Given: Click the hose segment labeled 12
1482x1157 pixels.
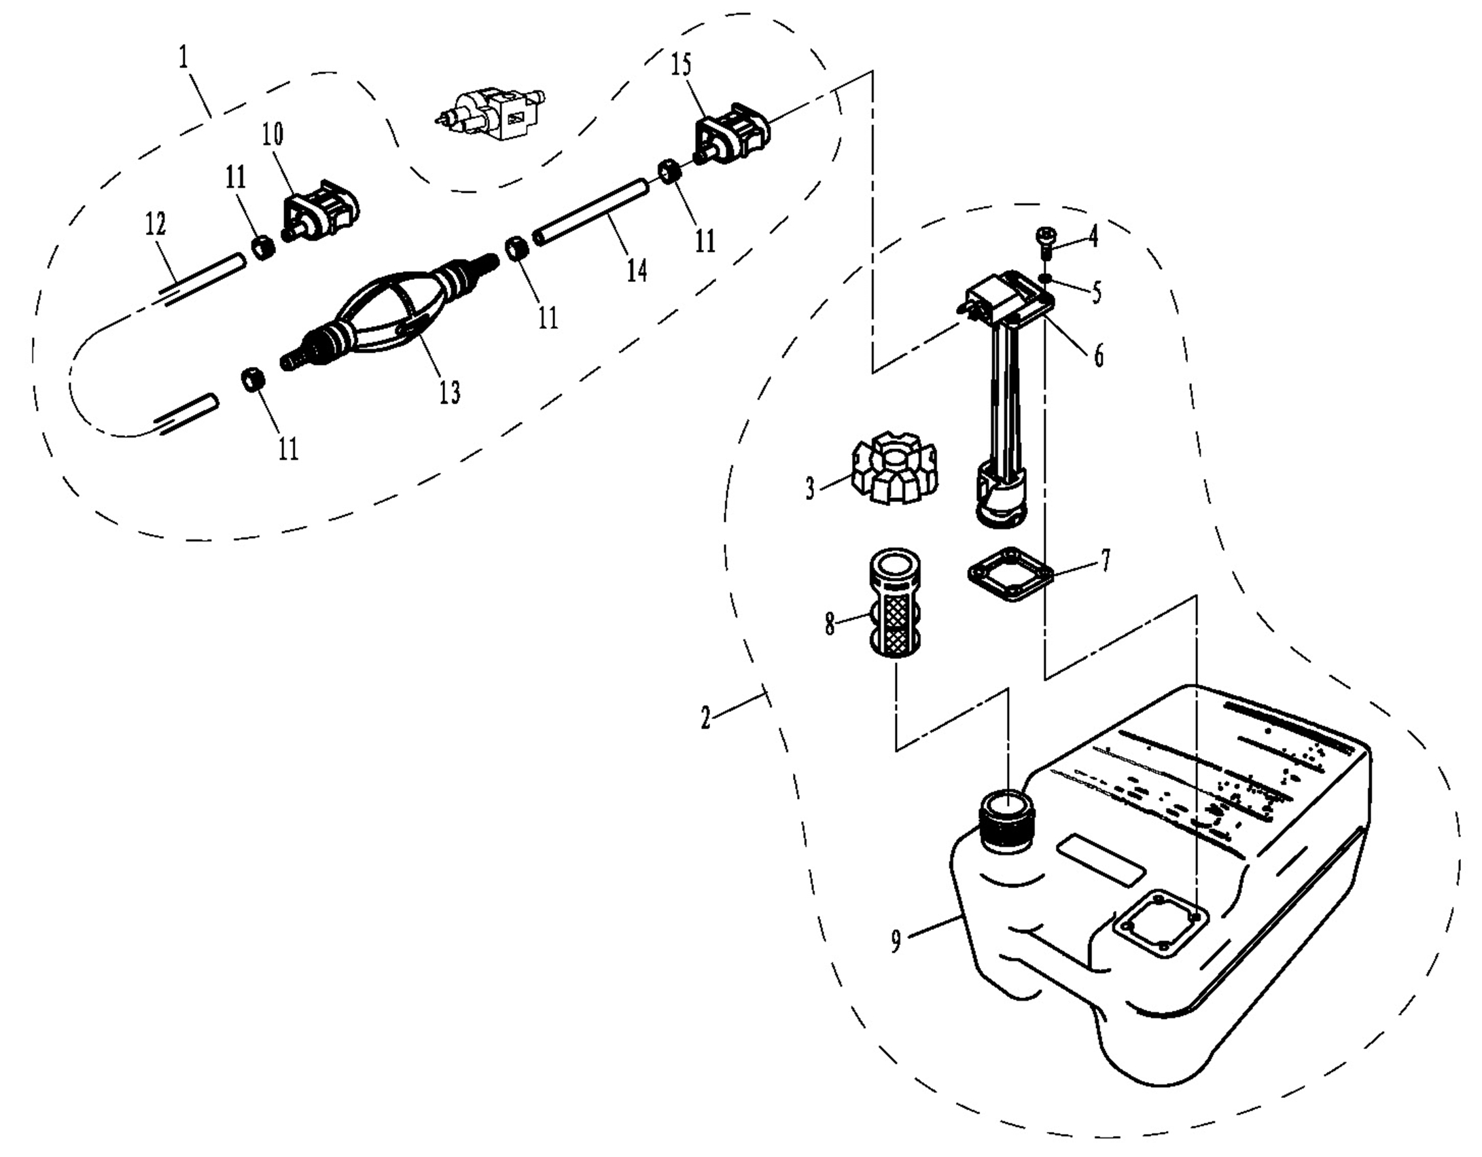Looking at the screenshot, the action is coord(201,279).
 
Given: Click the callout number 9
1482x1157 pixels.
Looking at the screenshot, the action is coord(896,942).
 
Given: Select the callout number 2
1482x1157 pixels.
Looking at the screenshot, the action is coord(706,717).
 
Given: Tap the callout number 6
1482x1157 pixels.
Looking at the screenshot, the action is coord(1098,355).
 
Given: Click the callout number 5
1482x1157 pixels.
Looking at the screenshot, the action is coord(1096,291).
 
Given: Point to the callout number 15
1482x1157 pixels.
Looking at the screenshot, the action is coord(681,65).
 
